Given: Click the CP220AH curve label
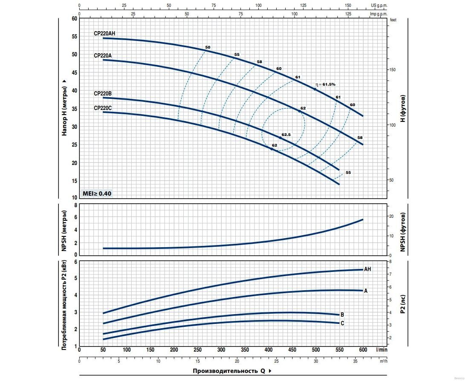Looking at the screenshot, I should coord(104,33).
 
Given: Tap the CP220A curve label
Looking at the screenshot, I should coord(103,55).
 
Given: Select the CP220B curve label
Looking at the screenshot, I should coord(103,93).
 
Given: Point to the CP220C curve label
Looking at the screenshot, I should coord(103,108).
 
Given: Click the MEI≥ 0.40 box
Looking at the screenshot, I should coord(97,193).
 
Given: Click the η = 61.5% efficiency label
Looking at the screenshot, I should coord(325,84).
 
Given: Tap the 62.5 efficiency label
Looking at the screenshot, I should coord(286,135).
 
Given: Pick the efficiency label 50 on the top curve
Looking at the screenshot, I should coord(208,47).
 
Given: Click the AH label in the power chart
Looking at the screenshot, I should coord(368,269).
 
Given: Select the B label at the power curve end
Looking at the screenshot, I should coord(342,315).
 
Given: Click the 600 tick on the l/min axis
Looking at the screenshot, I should coord(363,349).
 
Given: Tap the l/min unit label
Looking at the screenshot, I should coord(382,349).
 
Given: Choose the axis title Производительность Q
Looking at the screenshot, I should coord(229,371).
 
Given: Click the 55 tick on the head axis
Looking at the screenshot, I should coord(75,37).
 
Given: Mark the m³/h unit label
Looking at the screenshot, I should coord(384,361).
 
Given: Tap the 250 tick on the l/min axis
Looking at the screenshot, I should coord(197,349).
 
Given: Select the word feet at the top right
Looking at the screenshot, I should coord(393,20).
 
